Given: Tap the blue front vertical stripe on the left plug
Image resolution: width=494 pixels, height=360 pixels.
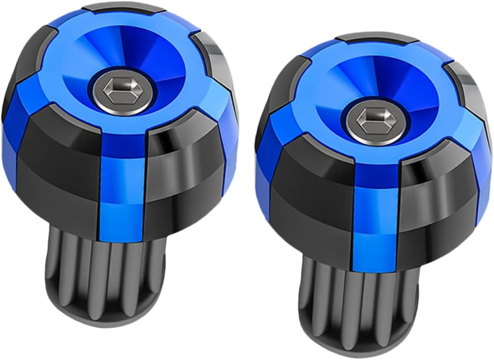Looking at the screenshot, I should click(123, 184).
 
